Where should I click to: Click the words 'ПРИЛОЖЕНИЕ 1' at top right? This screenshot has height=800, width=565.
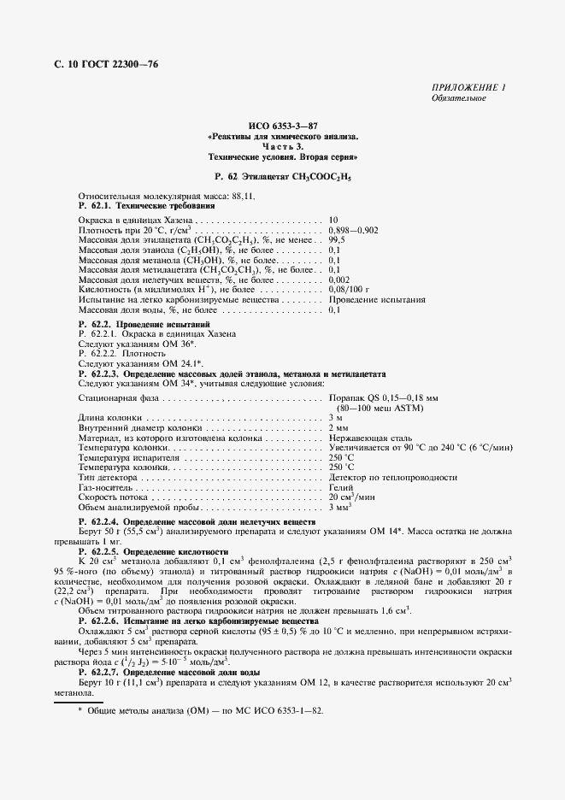point(469,88)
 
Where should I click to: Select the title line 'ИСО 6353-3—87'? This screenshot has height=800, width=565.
point(281,126)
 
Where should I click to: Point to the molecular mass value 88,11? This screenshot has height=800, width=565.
point(216,196)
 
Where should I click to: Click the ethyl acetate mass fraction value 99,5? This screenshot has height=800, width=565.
point(338,241)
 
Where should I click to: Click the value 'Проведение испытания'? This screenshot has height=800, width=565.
point(376,301)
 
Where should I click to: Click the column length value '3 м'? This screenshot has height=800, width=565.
point(336,417)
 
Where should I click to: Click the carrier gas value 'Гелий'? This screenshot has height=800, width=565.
point(341,486)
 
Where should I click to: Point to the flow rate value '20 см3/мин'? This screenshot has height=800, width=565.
point(352,497)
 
